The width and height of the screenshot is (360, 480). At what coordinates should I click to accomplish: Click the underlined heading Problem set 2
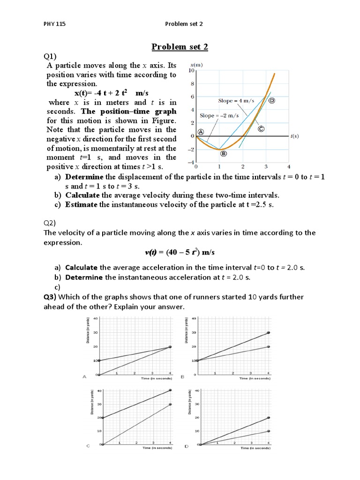(180, 46)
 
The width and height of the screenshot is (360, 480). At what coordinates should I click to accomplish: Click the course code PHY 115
(52, 24)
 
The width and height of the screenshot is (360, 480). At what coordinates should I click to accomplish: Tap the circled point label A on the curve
(201, 132)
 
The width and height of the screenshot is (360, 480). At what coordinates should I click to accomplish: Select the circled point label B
(224, 153)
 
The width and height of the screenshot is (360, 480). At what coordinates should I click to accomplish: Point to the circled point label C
(261, 128)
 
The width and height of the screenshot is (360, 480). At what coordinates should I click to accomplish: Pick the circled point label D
(271, 100)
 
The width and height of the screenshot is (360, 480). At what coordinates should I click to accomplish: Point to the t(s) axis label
(294, 136)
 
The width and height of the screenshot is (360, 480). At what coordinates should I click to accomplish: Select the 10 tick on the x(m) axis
(191, 70)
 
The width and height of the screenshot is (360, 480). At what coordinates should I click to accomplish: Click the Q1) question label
(50, 56)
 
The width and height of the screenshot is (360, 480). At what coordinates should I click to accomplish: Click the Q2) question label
(50, 223)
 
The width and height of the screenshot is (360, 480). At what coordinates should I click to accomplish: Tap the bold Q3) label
(50, 297)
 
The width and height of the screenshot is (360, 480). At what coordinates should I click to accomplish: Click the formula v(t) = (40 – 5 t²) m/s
(180, 252)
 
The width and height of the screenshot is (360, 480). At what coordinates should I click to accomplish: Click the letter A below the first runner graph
(84, 376)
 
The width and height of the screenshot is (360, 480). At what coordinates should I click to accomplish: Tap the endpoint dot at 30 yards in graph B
(268, 332)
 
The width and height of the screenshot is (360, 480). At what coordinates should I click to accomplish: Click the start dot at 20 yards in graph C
(102, 417)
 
